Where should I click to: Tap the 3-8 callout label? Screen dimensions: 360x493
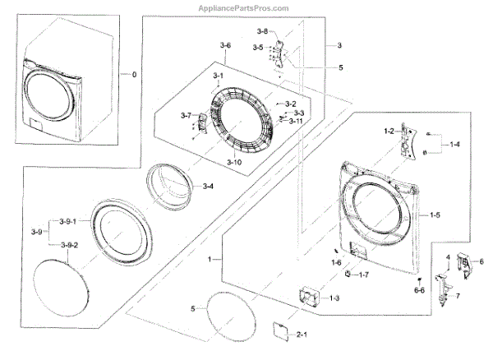(262, 30)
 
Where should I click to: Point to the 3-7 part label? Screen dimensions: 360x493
(186, 115)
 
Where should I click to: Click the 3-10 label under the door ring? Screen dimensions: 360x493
(234, 162)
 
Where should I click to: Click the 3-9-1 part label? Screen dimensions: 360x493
(67, 222)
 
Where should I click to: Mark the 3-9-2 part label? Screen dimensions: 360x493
(69, 246)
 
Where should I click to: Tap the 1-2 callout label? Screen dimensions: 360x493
(389, 132)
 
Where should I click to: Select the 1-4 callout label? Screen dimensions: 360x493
(455, 144)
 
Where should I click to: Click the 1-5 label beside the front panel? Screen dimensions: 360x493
(434, 215)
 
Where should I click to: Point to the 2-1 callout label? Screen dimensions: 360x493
(301, 334)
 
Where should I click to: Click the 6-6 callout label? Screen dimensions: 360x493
(419, 290)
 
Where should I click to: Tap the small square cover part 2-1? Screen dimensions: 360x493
(279, 330)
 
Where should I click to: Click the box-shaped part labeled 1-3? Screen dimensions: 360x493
(311, 293)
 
